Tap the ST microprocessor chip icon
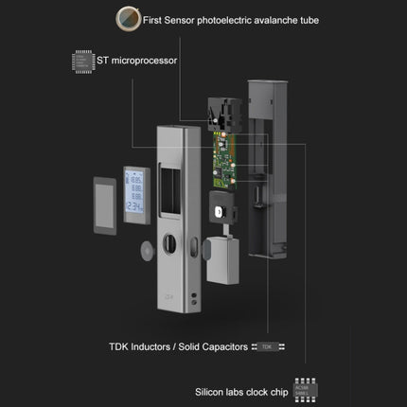[x=83, y=62]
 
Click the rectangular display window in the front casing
[x=173, y=184]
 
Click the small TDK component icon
[x=267, y=346]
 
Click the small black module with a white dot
[x=220, y=213]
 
